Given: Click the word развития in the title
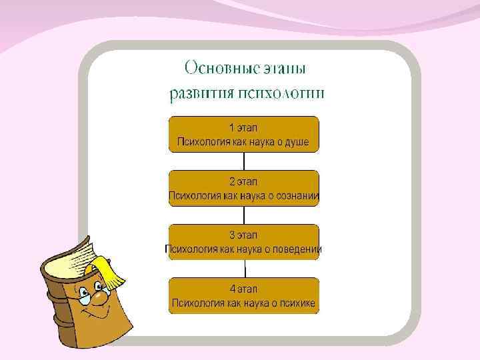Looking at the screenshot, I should (x=199, y=93).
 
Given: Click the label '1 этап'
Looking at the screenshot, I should (x=243, y=127).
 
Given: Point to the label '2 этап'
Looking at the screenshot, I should (x=243, y=181).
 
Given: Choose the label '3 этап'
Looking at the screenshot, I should (x=243, y=235).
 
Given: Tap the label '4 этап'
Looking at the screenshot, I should (x=243, y=289).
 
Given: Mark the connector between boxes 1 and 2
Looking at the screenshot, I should (x=244, y=160).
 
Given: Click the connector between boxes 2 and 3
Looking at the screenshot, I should (x=244, y=214).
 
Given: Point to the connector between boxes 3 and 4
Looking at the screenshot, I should (x=244, y=268).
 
